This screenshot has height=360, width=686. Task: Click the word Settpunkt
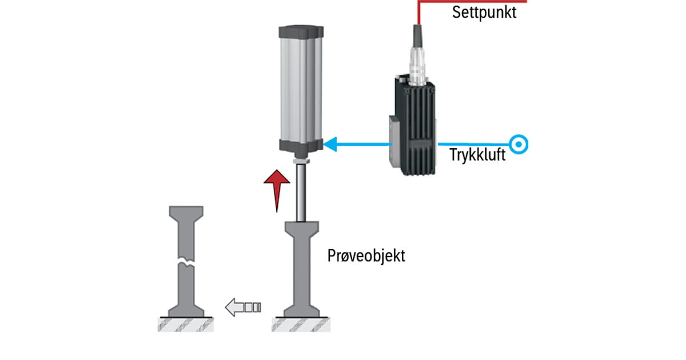coord(484,13)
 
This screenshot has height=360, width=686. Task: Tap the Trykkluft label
coord(477,154)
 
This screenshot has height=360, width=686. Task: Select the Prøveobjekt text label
coord(366,255)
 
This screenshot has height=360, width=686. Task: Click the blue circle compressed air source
coord(519,145)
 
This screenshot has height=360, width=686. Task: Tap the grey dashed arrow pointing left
coord(243,307)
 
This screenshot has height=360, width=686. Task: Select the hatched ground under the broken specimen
coord(186,325)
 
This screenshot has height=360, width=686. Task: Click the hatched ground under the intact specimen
coord(301,325)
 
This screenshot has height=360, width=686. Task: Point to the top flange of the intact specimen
coord(301,229)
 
